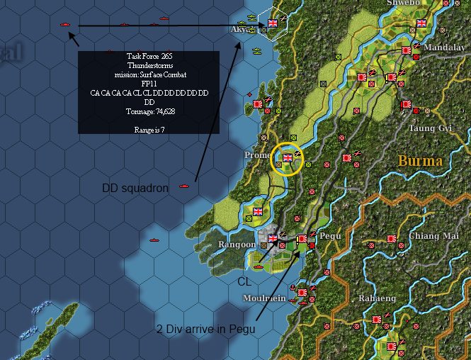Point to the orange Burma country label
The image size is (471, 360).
(420, 160)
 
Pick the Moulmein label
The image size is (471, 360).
(265, 298)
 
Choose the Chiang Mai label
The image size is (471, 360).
(431, 236)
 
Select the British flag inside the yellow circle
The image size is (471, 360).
(288, 158)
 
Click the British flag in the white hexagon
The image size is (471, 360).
(273, 23)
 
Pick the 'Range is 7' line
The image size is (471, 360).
(149, 130)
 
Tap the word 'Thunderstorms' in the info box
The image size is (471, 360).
(149, 64)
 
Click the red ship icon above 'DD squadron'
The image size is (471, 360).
(185, 186)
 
